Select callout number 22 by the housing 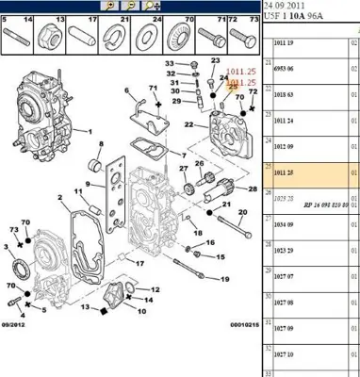188,124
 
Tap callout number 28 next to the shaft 253,188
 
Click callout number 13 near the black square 84,307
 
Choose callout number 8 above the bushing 101,143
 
